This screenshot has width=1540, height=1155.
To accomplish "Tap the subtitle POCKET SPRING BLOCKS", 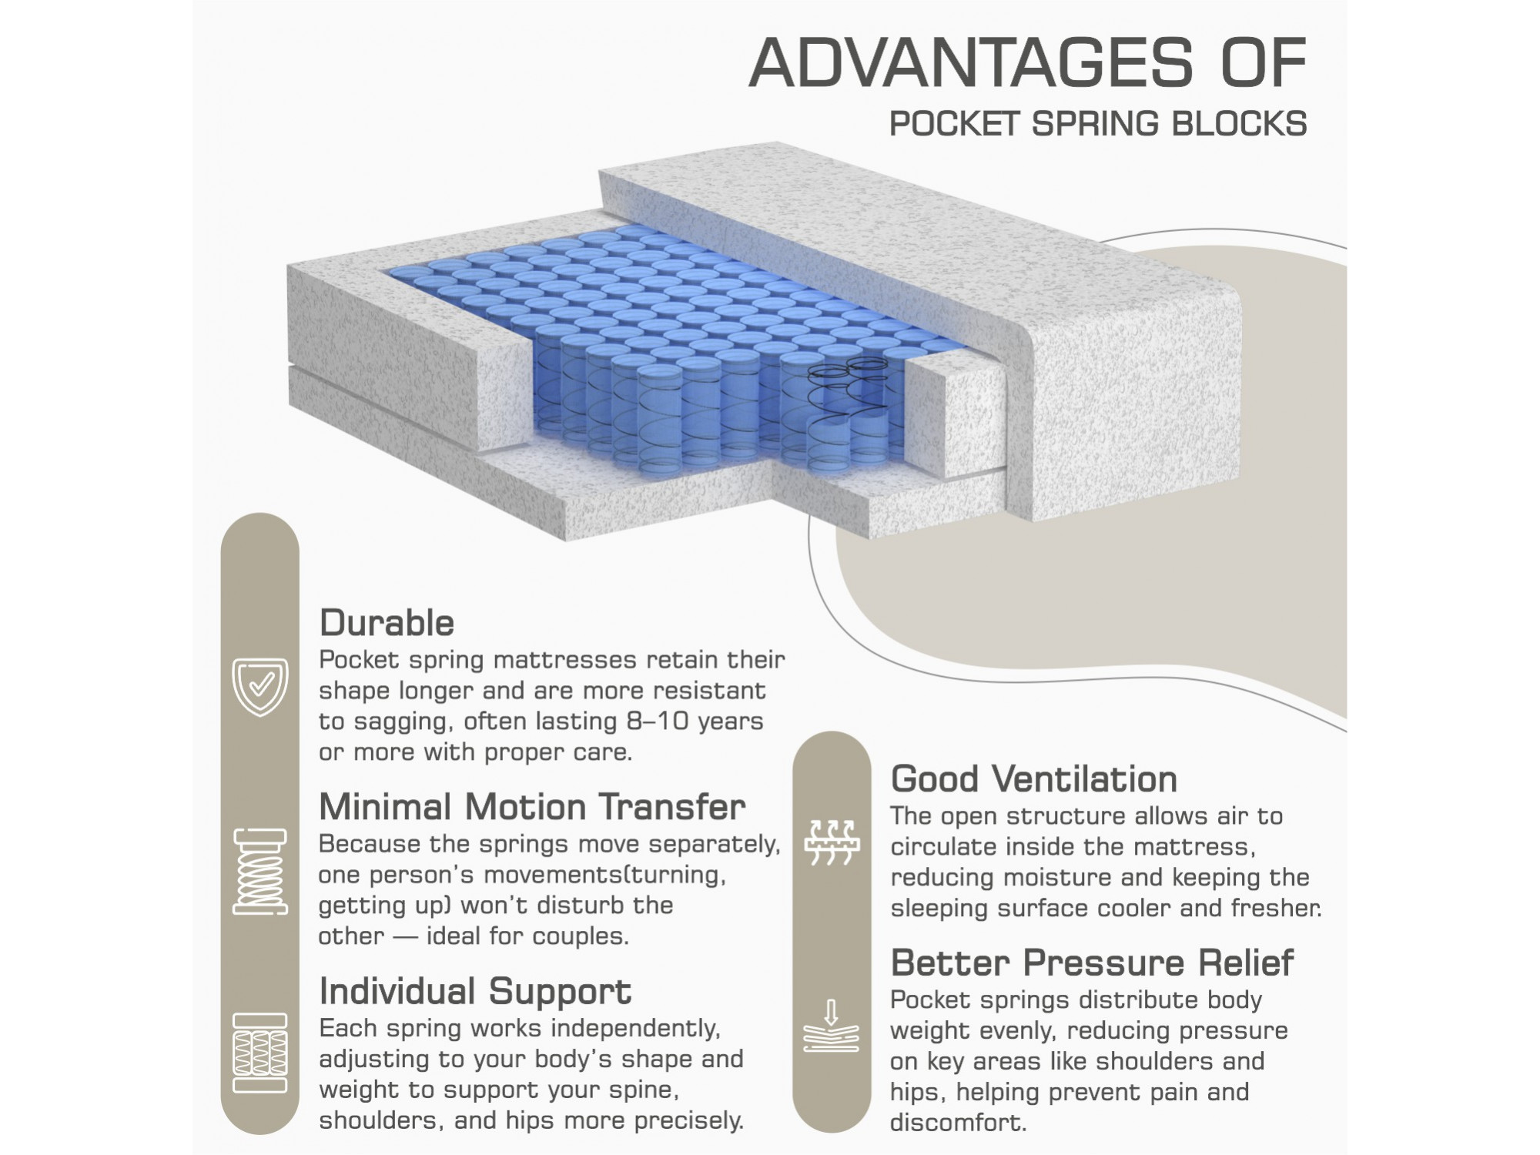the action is pos(1098,124).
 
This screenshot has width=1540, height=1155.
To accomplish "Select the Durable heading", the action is pos(387,623).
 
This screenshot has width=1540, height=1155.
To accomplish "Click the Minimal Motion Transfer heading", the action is pos(532,807).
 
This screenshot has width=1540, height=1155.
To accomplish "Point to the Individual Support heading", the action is pos(475,992).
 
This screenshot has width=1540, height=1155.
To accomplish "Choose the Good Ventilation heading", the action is pos(1034,779).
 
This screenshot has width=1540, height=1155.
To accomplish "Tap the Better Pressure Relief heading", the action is pos(1092,962).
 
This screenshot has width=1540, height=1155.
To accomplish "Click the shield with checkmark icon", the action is pos(260,687).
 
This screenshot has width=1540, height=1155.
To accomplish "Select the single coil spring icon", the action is pos(260,872).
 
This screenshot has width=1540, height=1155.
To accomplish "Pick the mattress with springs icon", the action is pos(260,1053).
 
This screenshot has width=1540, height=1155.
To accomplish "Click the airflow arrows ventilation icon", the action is pos(832,842).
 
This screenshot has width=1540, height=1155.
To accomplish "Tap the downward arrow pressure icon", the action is pos(832,1026).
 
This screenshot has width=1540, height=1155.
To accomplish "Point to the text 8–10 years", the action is pos(691,721).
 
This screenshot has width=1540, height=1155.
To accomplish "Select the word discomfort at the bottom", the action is pos(959,1122).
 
